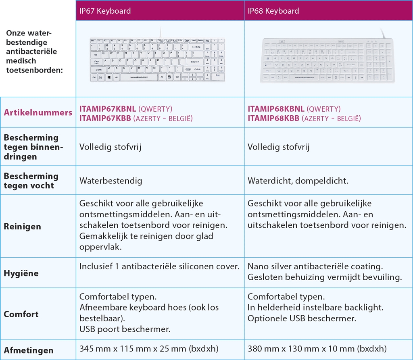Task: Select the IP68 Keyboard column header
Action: [273, 11]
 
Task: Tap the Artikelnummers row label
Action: [38, 112]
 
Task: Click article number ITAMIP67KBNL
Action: [108, 109]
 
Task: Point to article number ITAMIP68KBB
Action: [273, 118]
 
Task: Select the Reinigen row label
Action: [23, 227]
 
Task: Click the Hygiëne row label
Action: [21, 273]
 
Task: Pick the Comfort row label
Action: [21, 314]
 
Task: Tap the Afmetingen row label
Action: [29, 350]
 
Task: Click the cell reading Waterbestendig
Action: [111, 181]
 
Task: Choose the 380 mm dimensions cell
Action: [317, 348]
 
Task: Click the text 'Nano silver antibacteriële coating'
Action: [315, 267]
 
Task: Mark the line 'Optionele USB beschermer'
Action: [302, 318]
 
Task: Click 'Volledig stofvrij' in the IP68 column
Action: [279, 147]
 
